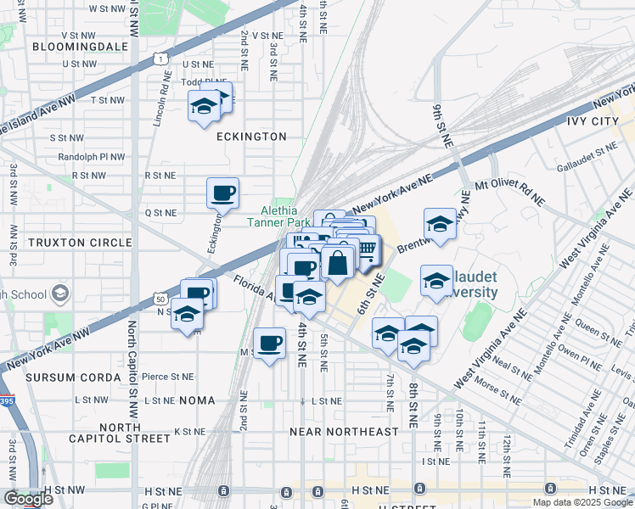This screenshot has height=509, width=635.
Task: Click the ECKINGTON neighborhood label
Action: [250, 136]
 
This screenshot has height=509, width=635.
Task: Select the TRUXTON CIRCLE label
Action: [67, 242]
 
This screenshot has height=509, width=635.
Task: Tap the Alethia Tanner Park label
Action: [279, 216]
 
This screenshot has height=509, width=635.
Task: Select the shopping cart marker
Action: [366, 250]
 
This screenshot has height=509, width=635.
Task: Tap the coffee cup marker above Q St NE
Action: [222, 193]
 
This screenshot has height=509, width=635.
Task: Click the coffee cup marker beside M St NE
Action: [270, 343]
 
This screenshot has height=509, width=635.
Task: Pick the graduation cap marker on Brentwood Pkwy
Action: [440, 224]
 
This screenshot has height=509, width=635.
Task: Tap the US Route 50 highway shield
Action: [160, 298]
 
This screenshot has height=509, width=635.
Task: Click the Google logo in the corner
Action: [28, 499]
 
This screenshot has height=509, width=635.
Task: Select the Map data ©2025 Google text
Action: [582, 502]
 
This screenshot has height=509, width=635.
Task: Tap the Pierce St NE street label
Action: [168, 376]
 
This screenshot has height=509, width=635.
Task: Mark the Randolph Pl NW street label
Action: [92, 157]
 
